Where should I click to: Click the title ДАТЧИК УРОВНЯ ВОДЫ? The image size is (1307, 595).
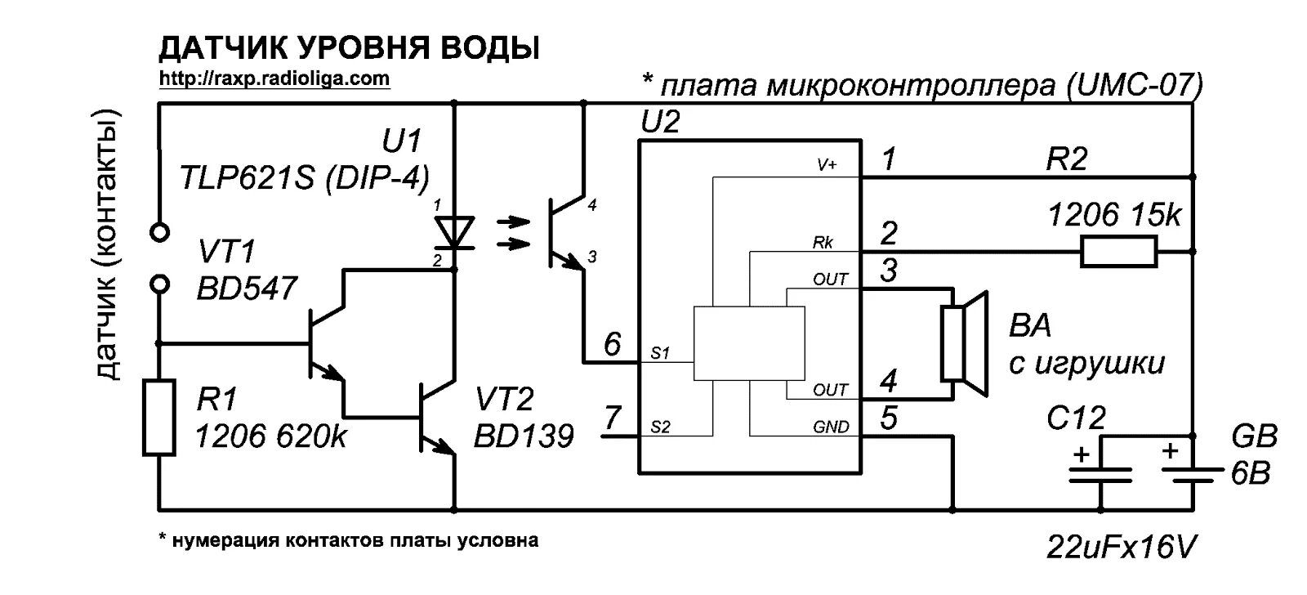[x=349, y=48]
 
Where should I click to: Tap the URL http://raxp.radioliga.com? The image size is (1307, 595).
[x=274, y=79]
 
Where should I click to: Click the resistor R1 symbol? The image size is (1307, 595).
[x=159, y=417]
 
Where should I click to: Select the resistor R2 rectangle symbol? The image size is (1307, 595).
[x=1118, y=252]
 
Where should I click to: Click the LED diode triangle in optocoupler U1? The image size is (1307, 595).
[x=454, y=231]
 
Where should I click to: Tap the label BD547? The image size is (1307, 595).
[x=248, y=288]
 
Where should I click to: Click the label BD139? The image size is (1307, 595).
[x=524, y=436]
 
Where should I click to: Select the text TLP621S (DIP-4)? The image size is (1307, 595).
[x=305, y=177]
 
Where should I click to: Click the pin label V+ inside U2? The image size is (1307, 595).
[x=827, y=165]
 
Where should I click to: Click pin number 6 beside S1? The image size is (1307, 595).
[x=613, y=344]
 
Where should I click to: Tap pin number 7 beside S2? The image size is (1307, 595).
[x=613, y=418]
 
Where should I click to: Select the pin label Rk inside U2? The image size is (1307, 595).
[x=823, y=243]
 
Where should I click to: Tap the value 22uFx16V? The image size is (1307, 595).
[x=1121, y=547]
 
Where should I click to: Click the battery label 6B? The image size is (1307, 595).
[x=1251, y=474]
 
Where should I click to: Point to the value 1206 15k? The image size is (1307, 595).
[x=1114, y=215]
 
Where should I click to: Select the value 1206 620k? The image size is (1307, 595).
[x=270, y=436]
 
